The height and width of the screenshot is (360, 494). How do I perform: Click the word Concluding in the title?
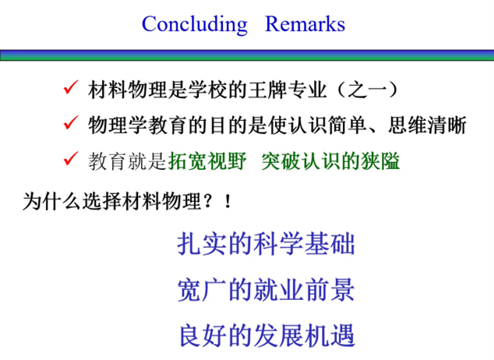(x=195, y=24)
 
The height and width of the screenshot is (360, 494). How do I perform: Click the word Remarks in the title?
(x=305, y=24)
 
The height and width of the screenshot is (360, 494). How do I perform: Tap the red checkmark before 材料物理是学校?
(x=71, y=87)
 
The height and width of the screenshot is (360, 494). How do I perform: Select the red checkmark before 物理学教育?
(x=71, y=122)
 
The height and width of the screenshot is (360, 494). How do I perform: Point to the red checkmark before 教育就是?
(x=71, y=158)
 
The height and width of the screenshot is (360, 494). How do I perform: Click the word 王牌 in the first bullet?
(x=268, y=90)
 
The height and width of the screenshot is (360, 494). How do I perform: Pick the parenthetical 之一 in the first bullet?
(x=367, y=90)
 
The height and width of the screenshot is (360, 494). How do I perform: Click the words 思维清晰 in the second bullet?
(x=427, y=125)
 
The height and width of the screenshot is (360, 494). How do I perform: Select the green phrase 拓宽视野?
(x=207, y=161)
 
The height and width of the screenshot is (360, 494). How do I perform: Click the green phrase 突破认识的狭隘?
(x=330, y=161)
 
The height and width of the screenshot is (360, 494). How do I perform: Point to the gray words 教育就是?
(x=127, y=161)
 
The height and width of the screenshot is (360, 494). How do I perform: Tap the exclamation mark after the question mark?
(x=228, y=202)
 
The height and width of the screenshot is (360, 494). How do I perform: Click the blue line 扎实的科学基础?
(x=266, y=243)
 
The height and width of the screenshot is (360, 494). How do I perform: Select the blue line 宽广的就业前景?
(x=266, y=289)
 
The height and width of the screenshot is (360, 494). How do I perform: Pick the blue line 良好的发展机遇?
(x=266, y=335)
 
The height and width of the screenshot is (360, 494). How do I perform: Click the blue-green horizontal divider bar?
(x=247, y=55)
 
